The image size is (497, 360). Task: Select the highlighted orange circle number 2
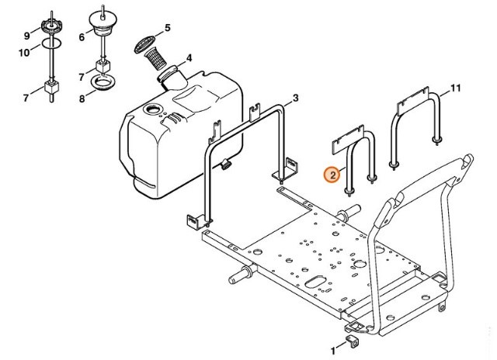click(332, 175)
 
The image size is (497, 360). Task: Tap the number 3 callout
click(295, 99)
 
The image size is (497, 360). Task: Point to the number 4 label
click(187, 57)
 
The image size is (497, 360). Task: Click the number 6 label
click(82, 36)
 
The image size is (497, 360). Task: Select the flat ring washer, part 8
click(103, 82)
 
